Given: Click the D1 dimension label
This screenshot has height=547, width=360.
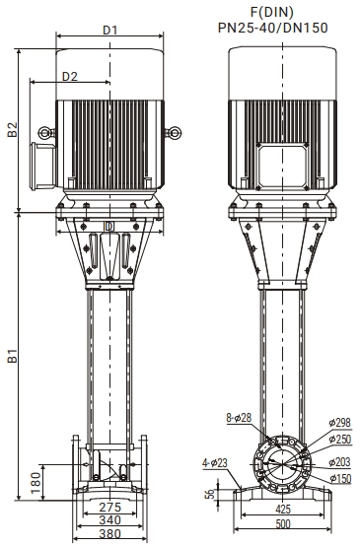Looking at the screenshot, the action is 109,31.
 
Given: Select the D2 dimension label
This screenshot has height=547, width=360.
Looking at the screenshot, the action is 70,77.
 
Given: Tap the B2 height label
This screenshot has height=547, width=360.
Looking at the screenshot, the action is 13,129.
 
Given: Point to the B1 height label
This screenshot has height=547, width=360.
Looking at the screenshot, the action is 13,355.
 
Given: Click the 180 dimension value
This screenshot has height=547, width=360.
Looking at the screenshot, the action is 36,483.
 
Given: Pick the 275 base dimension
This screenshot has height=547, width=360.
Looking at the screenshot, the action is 110,507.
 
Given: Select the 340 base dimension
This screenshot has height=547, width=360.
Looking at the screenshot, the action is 110,520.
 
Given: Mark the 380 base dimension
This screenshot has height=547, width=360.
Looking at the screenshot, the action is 110,534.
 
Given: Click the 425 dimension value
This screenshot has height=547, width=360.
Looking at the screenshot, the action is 283,509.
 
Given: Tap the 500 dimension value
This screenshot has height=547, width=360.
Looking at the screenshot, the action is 283,523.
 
